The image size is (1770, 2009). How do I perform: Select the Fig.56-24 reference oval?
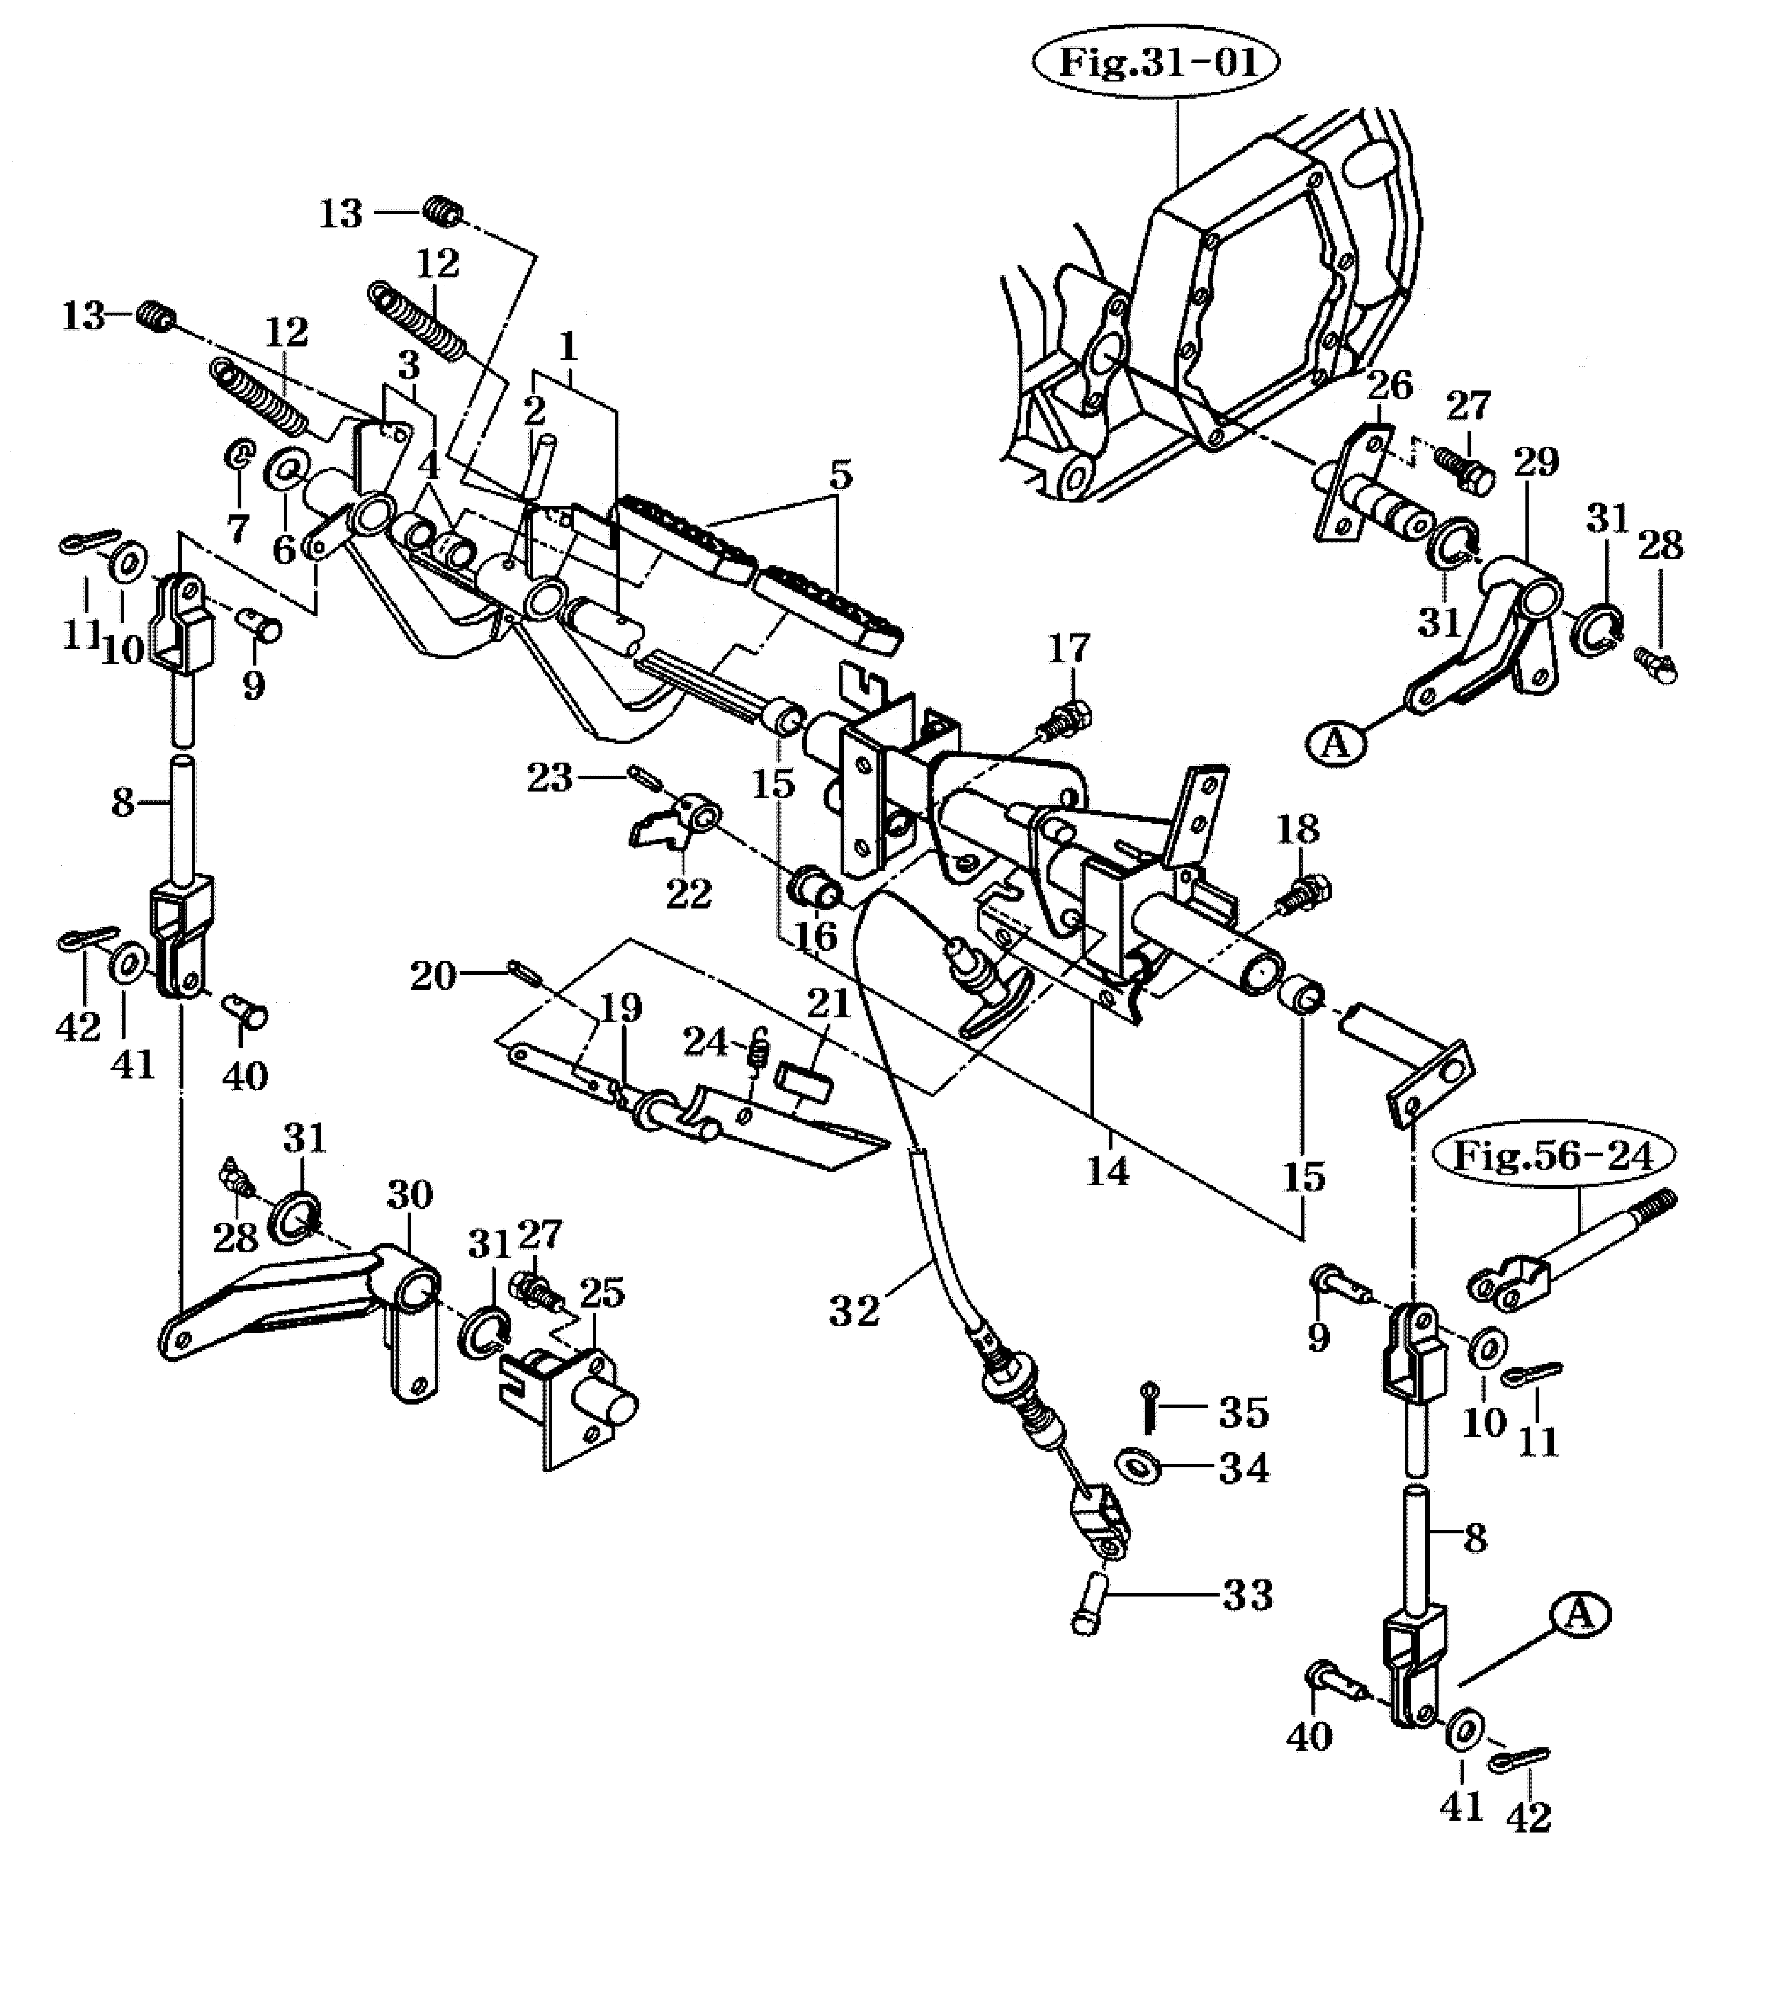tap(1554, 1155)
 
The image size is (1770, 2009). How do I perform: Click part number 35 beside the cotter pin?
tap(1244, 1412)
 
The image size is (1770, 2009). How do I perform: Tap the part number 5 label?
tap(840, 476)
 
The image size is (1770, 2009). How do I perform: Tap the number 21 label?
tap(828, 1003)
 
